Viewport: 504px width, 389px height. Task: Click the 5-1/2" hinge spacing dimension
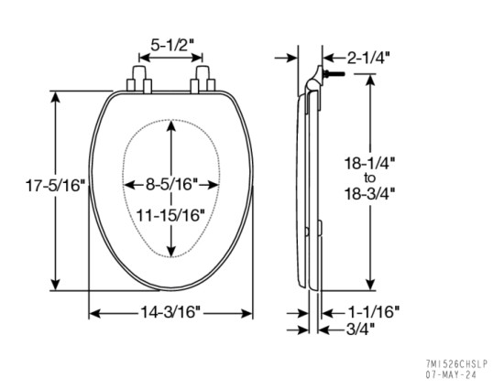point(170,43)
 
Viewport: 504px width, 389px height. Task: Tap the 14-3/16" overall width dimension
point(171,312)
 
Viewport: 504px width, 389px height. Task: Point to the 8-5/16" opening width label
point(171,184)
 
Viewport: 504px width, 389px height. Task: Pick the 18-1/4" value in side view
point(369,162)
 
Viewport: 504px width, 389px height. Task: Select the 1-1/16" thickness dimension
point(374,311)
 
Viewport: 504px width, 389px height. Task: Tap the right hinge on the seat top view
point(200,81)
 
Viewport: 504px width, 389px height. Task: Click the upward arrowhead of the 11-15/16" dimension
point(171,128)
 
